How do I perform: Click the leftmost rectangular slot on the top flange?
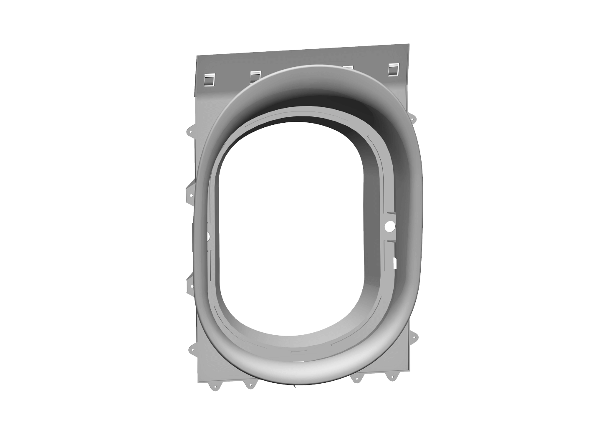(x=209, y=79)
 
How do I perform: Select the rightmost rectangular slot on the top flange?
(x=394, y=69)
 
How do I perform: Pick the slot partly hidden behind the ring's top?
(x=347, y=68)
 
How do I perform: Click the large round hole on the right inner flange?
(x=390, y=226)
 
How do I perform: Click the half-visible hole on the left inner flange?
(x=207, y=236)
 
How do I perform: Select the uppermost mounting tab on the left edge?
(x=191, y=130)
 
